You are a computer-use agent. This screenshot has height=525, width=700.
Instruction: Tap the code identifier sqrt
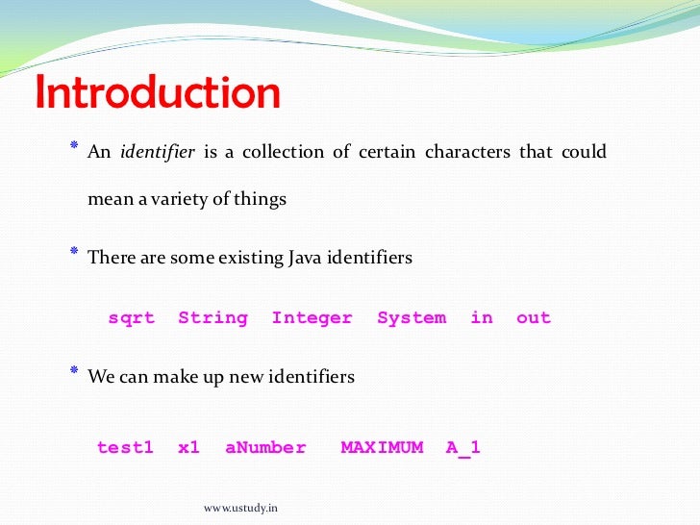point(131,318)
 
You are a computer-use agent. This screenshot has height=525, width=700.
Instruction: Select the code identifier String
point(212,318)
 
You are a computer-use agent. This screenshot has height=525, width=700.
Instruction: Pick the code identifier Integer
point(312,318)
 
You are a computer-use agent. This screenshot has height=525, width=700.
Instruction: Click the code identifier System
point(412,318)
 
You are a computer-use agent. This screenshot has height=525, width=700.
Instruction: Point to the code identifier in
point(481,318)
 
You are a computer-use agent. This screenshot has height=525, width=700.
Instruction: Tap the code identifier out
point(534,318)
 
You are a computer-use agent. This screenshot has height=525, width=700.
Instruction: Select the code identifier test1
point(125,448)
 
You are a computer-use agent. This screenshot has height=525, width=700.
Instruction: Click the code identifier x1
point(188,448)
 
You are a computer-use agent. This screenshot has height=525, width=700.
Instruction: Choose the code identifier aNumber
point(265,448)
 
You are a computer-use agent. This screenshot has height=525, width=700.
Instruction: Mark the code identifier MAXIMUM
point(382,448)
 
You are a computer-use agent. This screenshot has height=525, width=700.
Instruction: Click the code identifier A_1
point(462,448)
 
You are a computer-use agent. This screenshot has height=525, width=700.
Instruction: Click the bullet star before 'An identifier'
point(74,146)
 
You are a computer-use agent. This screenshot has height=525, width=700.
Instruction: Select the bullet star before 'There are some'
point(74,252)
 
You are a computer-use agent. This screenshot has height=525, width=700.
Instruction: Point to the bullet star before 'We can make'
point(74,371)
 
